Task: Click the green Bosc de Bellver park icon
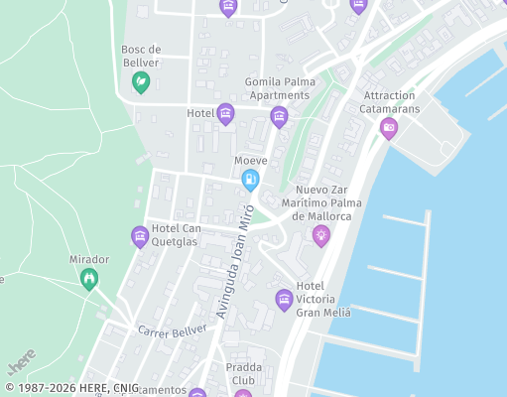point(141,81)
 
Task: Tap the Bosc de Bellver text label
point(141,56)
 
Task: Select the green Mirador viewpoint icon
point(90,280)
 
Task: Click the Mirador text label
point(88,259)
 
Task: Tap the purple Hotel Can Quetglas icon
point(140,236)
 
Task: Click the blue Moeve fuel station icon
point(250,180)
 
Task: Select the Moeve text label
point(251,160)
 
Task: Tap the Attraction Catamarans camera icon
point(389,127)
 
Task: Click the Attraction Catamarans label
point(389,101)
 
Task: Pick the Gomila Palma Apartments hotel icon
point(279,117)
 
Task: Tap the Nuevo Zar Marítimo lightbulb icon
point(320,235)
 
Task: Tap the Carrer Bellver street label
point(172,330)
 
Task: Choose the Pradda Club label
point(243,372)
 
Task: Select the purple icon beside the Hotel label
point(225,114)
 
